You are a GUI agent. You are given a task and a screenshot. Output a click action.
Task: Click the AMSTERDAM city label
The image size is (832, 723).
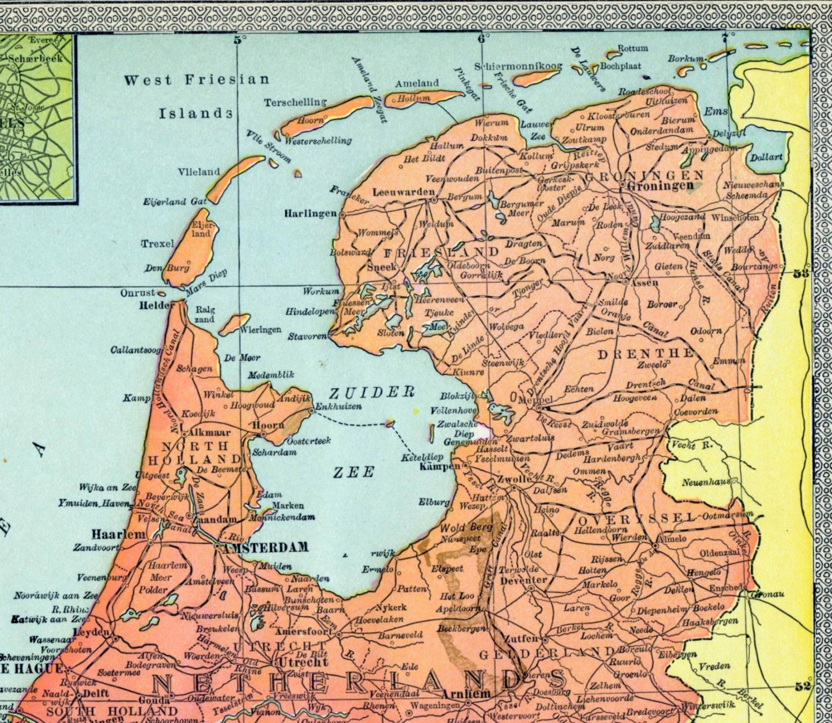pos(265,548)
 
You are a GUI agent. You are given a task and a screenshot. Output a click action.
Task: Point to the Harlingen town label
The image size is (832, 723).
pos(310,214)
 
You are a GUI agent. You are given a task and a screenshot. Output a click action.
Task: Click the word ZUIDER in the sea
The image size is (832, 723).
pos(371,392)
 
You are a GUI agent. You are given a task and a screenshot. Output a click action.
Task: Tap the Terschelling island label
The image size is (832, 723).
pos(295,102)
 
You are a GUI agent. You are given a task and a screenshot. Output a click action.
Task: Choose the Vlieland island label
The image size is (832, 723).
pos(199,172)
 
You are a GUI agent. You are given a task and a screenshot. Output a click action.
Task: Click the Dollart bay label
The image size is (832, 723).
pos(766,157)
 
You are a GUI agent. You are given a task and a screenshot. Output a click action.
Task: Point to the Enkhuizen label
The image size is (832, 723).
pos(338,407)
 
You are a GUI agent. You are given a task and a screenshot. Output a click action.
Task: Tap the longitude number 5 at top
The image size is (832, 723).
pos(238,39)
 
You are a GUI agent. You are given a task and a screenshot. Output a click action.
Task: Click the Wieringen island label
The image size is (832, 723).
pos(260,330)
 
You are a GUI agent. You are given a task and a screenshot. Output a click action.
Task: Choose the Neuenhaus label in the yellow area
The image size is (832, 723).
pos(705,483)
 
